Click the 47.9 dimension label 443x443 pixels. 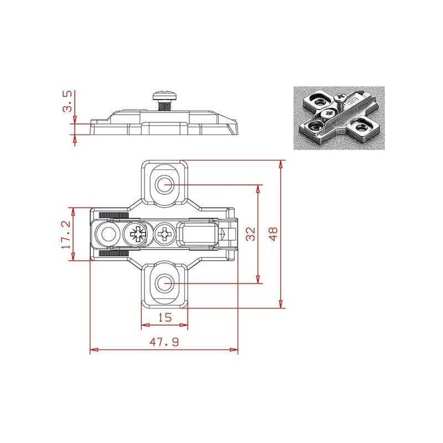pyautogui.click(x=164, y=342)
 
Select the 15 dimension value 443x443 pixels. pyautogui.click(x=164, y=317)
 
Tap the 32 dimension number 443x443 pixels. pyautogui.click(x=250, y=234)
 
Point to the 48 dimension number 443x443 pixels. pyautogui.click(x=273, y=234)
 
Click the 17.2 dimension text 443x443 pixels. pyautogui.click(x=66, y=234)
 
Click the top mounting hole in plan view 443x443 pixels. pyautogui.click(x=164, y=185)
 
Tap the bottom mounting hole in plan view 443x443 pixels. pyautogui.click(x=164, y=284)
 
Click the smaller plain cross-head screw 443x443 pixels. pyautogui.click(x=164, y=234)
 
